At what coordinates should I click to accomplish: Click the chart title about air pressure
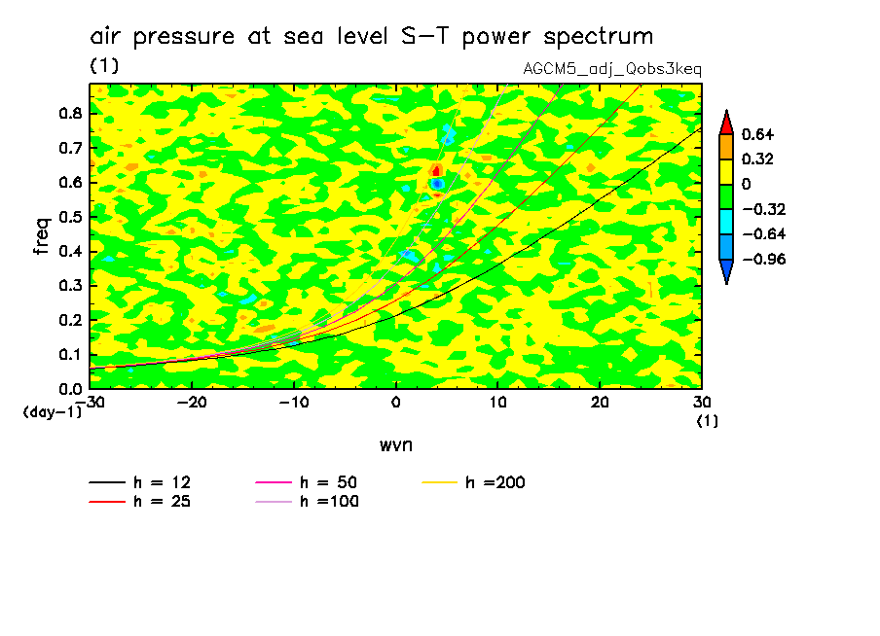tap(371, 37)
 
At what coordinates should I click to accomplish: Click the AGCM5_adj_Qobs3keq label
tap(612, 70)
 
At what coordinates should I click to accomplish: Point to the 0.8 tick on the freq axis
tap(69, 113)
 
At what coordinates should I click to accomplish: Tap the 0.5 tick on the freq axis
tap(69, 216)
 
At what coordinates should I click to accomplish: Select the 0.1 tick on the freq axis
tap(69, 354)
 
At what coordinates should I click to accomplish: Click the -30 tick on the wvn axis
tap(90, 401)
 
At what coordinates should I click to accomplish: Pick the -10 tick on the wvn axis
tap(293, 401)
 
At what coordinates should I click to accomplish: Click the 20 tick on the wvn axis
tap(600, 401)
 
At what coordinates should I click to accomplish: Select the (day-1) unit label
tap(51, 412)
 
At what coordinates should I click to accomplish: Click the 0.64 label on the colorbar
tap(756, 134)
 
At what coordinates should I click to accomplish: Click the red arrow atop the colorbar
tap(726, 121)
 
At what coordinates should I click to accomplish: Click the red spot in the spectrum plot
tap(437, 170)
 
